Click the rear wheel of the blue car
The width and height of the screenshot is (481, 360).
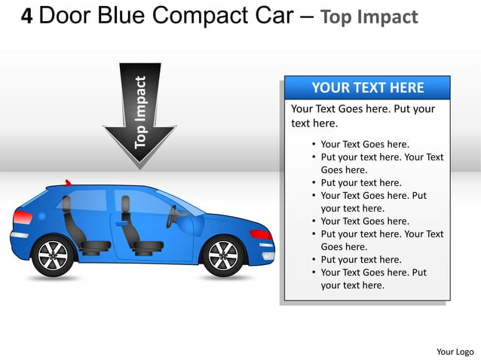(x=53, y=256)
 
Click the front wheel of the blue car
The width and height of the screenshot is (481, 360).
(x=222, y=256)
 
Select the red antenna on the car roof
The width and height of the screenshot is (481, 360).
(x=68, y=183)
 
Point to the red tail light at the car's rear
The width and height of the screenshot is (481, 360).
(x=23, y=218)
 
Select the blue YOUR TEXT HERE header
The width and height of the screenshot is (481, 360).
(x=367, y=87)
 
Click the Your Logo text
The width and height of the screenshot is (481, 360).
(x=455, y=351)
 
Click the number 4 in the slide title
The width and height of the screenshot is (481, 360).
(x=26, y=17)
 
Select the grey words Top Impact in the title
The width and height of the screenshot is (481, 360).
(x=369, y=17)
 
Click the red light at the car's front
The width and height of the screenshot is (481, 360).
(x=262, y=234)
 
